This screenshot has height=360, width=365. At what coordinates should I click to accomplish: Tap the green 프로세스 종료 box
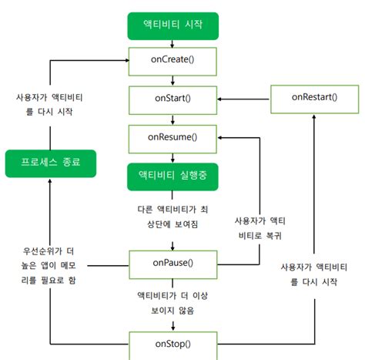pos(49,163)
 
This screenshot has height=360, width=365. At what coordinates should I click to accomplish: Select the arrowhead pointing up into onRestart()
pos(318,115)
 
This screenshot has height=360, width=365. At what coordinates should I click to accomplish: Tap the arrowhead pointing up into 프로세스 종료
pos(49,180)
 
